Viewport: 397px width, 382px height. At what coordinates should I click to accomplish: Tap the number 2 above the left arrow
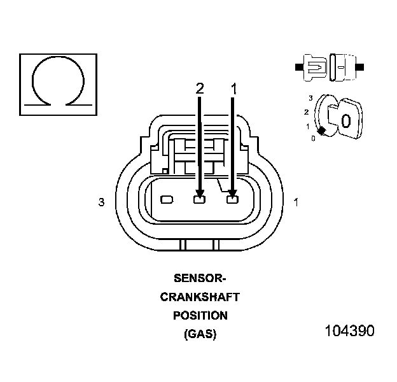click(200, 89)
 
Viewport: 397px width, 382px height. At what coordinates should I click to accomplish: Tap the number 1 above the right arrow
click(234, 89)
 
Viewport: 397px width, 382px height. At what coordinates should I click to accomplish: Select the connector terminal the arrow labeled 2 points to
click(199, 200)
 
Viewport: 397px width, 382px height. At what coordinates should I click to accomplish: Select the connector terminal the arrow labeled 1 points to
click(232, 200)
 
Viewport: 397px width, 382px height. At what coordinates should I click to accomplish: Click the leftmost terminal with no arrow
click(167, 200)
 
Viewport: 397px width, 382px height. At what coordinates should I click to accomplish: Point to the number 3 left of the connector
click(101, 202)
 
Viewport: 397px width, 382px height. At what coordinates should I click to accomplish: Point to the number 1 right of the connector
click(296, 202)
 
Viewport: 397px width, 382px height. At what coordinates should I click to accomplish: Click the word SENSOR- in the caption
click(200, 278)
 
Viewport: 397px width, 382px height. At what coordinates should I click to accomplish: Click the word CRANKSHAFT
click(200, 297)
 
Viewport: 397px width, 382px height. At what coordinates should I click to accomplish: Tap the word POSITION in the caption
click(200, 315)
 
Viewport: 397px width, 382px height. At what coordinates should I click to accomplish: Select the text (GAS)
click(200, 334)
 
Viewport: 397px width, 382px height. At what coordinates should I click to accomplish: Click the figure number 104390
click(349, 331)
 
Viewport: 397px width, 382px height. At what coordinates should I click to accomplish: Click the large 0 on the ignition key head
click(345, 120)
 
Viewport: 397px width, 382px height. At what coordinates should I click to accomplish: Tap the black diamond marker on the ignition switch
click(321, 131)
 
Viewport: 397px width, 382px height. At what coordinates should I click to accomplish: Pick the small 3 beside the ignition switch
click(310, 97)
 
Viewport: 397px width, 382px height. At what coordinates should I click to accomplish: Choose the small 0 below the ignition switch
click(313, 138)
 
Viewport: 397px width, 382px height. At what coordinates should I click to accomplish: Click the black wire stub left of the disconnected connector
click(298, 66)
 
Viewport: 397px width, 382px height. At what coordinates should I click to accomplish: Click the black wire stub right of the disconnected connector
click(360, 66)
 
